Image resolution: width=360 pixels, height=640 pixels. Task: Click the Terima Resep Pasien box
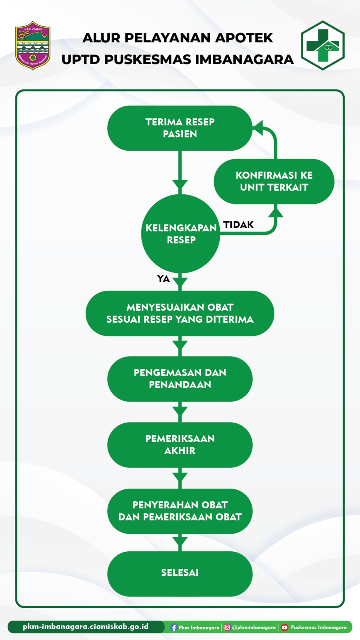point(180,128)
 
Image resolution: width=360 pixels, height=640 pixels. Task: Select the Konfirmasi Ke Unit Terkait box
point(274,181)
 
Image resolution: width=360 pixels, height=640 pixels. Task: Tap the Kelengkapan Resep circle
point(181,234)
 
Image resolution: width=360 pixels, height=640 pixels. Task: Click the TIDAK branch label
point(238,225)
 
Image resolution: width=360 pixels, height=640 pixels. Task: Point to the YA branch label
point(163,279)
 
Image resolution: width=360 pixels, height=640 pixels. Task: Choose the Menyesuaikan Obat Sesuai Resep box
point(180,313)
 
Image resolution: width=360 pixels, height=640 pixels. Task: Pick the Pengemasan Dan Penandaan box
point(180,379)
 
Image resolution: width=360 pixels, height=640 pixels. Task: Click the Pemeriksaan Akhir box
point(180,445)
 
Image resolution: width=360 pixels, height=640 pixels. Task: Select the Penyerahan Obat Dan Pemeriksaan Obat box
point(180,511)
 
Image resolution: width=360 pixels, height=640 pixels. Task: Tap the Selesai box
point(180,573)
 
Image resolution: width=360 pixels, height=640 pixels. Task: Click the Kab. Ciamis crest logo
point(33,45)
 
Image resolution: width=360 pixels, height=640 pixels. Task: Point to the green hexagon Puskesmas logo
point(323,46)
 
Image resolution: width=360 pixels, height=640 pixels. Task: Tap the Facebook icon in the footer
point(174,628)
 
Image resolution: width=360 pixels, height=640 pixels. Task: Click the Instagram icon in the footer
point(227,627)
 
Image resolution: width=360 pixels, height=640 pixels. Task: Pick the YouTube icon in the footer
point(284,627)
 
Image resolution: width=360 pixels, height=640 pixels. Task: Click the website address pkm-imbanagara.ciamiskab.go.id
point(86,627)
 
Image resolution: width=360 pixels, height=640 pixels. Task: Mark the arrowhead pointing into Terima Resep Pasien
point(258,128)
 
